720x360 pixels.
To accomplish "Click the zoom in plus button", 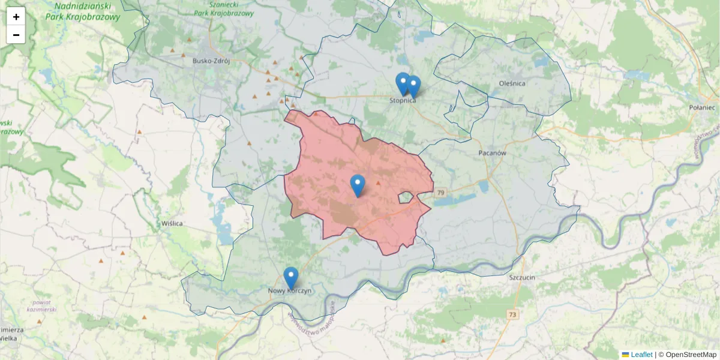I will pos(16,17).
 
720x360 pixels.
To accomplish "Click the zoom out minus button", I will pos(16,35).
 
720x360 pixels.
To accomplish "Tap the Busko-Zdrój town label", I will pos(211,61).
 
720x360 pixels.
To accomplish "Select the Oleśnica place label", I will pos(512,83).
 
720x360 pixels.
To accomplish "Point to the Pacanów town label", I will pos(493,153).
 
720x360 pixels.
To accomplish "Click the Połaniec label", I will pos(702,107).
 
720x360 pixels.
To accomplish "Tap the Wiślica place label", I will pos(172,223).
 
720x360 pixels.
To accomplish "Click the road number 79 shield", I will pos(441,193).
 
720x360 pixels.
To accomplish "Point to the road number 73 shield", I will pos(512,314).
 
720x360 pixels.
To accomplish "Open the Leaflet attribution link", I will pos(641,355).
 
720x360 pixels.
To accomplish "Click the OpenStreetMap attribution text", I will pos(691,355).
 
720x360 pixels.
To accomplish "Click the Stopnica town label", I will pos(403,100).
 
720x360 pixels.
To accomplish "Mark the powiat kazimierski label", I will pos(41,306).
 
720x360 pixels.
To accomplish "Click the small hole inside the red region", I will pos(405,197).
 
